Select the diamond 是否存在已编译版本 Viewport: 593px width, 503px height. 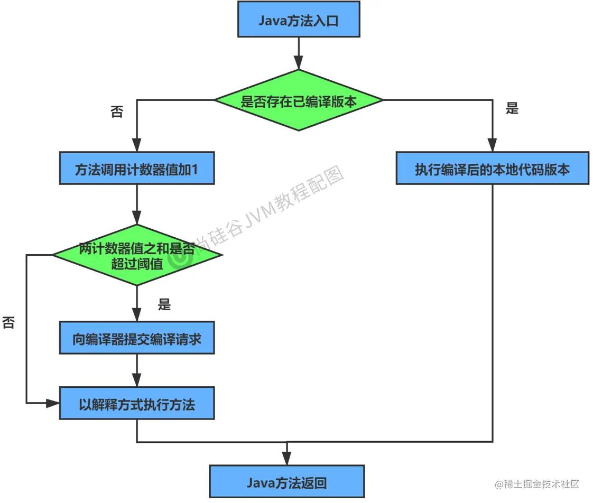coord(299,100)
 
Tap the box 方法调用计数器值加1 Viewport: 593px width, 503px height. coord(137,169)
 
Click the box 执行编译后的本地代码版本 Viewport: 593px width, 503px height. coord(492,169)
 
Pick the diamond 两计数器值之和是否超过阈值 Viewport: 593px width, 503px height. coord(137,255)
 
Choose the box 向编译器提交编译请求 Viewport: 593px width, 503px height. coord(137,338)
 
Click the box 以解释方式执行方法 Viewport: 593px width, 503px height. coord(137,404)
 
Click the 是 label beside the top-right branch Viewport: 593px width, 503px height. coord(512,109)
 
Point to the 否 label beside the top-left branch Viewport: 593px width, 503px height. coord(116,112)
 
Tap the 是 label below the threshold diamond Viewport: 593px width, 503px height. coord(164,305)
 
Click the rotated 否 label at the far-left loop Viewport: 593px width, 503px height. coord(8,322)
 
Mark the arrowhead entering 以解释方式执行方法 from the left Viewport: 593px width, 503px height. coord(53,403)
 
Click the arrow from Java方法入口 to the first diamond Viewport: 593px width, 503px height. coord(299,53)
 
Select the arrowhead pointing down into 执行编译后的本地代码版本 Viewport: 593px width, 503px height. coord(492,145)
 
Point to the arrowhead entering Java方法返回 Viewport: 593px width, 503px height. coord(287,459)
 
